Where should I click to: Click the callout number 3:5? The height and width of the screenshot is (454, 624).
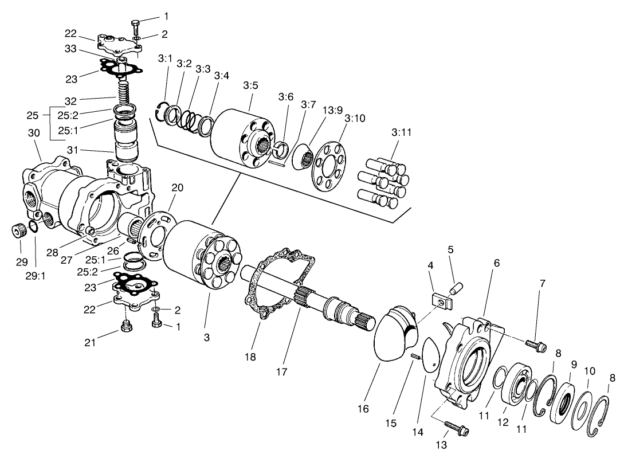tap(250, 85)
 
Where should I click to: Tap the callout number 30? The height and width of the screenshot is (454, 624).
tap(34, 133)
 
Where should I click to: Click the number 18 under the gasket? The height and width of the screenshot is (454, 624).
tap(250, 357)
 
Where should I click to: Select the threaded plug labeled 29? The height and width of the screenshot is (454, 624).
tap(19, 232)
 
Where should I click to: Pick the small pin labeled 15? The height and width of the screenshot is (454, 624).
tap(414, 358)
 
